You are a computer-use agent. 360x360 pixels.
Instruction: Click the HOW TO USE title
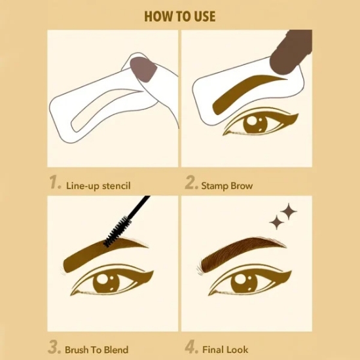click(x=180, y=16)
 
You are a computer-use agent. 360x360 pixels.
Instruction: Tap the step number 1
click(x=56, y=182)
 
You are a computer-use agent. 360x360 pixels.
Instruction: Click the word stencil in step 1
click(x=116, y=185)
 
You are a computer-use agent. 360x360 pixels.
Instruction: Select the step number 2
click(x=191, y=182)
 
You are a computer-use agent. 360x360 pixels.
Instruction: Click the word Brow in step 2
click(x=242, y=185)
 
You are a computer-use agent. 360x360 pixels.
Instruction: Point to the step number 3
click(x=54, y=347)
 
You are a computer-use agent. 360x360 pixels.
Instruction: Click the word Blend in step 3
click(x=116, y=350)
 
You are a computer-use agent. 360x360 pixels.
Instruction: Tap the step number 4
click(x=191, y=347)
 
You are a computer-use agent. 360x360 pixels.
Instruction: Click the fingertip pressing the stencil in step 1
click(x=143, y=69)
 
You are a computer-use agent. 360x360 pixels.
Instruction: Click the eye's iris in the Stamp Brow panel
click(x=255, y=124)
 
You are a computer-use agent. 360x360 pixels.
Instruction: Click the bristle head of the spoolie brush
click(x=117, y=232)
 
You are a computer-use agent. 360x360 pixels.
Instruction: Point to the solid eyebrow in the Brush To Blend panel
click(x=103, y=253)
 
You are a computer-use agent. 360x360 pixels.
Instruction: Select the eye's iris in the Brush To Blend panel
click(x=106, y=283)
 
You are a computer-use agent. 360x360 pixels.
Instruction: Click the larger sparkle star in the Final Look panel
click(x=289, y=211)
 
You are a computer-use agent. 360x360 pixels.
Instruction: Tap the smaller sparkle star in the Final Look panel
click(x=277, y=223)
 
